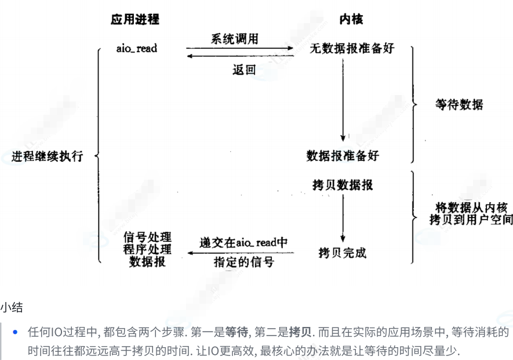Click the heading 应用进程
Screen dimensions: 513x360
click(x=134, y=20)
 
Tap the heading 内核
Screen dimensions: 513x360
click(x=351, y=20)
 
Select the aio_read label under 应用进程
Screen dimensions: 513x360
click(x=136, y=48)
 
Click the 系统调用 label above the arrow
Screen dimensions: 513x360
click(x=234, y=39)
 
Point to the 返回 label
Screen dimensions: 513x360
click(x=243, y=70)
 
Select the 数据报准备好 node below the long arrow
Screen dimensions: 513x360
click(x=343, y=156)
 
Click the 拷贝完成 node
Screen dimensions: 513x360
click(x=343, y=253)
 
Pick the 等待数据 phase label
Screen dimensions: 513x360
click(x=459, y=105)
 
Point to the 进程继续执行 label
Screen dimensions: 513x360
click(x=48, y=156)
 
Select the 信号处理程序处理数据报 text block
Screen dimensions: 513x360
click(x=147, y=249)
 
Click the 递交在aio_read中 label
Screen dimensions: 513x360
click(x=243, y=242)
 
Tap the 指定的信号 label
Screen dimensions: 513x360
click(x=243, y=262)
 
